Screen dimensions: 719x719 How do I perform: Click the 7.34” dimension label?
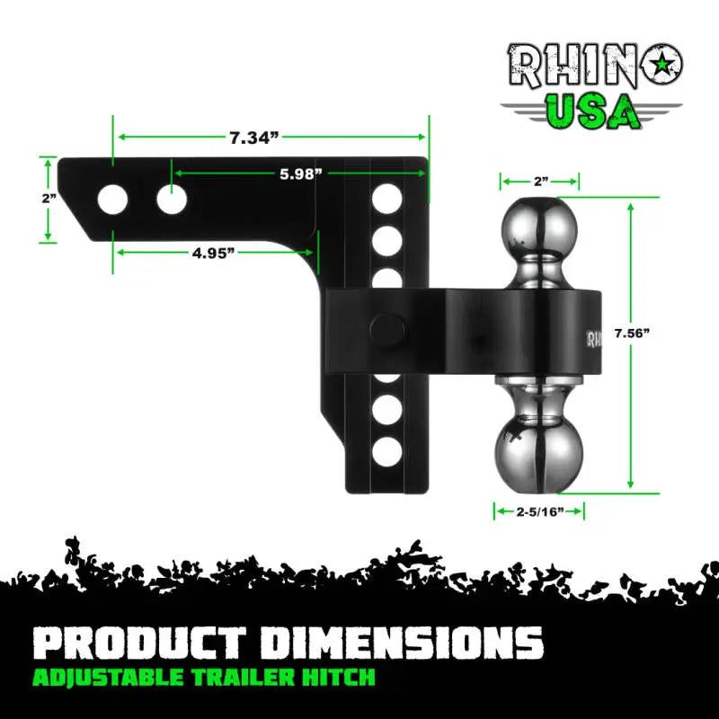point(254,138)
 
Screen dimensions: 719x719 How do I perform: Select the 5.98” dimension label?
point(300,174)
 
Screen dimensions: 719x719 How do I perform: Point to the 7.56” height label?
point(632,333)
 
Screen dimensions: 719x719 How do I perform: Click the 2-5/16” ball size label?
point(539,511)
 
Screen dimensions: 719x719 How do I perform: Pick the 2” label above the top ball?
point(540,182)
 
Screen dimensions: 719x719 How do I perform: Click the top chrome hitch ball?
point(539,226)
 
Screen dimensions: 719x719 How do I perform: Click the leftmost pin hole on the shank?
point(112,199)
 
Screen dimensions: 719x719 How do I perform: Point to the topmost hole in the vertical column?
point(386,197)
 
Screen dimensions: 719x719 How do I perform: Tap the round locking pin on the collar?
point(386,328)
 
